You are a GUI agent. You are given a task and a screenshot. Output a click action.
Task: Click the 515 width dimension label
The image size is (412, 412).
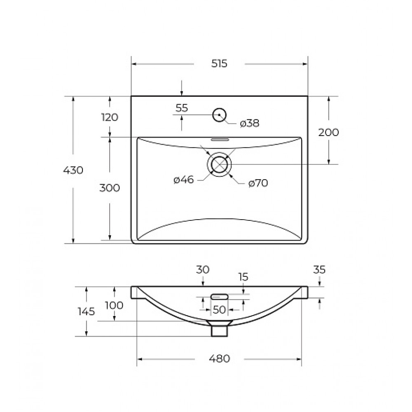click(x=219, y=64)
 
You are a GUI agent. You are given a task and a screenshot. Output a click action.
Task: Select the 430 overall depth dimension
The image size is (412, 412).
click(x=73, y=170)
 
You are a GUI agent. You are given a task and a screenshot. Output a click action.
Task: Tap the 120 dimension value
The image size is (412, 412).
click(x=110, y=117)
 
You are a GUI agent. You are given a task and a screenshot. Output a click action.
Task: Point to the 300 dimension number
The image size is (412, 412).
click(x=110, y=188)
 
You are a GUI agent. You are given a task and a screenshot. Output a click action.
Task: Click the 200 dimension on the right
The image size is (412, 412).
click(x=328, y=132)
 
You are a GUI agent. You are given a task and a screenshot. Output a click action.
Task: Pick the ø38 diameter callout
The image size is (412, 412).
click(x=250, y=123)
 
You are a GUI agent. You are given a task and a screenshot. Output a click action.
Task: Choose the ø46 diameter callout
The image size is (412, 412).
click(x=184, y=180)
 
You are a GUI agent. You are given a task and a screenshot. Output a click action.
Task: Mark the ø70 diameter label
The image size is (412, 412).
click(x=258, y=183)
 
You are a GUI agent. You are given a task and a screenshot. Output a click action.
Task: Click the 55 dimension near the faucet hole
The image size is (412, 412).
click(x=182, y=108)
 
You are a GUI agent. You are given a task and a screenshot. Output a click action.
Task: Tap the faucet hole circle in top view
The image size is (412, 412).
click(x=219, y=108)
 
